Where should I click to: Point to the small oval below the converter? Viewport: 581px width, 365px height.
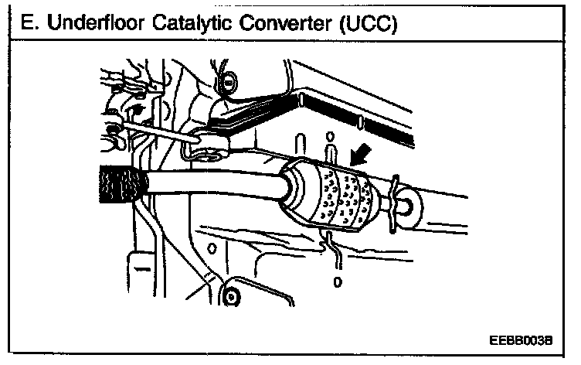tap(336, 283)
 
